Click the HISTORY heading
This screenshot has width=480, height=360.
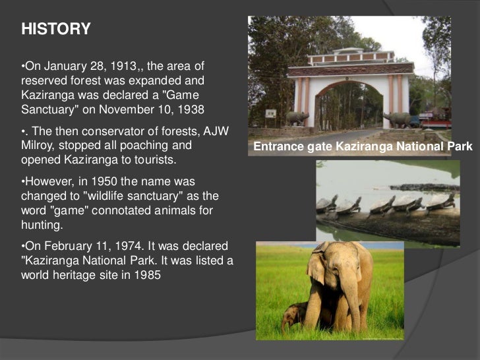tap(56, 30)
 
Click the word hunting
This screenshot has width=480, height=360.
tap(42, 225)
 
